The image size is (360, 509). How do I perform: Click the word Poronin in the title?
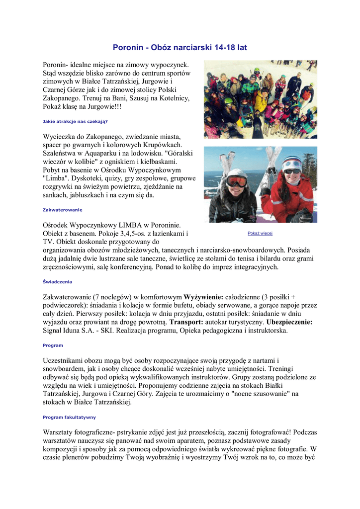(128, 48)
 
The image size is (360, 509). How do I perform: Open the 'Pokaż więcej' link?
(260, 233)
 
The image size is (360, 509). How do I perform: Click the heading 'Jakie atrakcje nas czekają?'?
(75, 121)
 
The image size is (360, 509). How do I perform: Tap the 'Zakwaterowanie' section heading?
(63, 210)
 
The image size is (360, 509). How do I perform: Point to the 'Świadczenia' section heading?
(57, 282)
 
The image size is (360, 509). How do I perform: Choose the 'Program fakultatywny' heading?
(69, 417)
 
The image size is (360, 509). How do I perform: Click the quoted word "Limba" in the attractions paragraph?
(56, 178)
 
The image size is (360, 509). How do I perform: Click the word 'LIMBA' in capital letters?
(132, 225)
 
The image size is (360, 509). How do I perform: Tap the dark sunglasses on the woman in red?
(292, 171)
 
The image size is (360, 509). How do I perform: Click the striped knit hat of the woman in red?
(292, 162)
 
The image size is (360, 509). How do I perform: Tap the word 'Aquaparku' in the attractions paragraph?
(100, 153)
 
